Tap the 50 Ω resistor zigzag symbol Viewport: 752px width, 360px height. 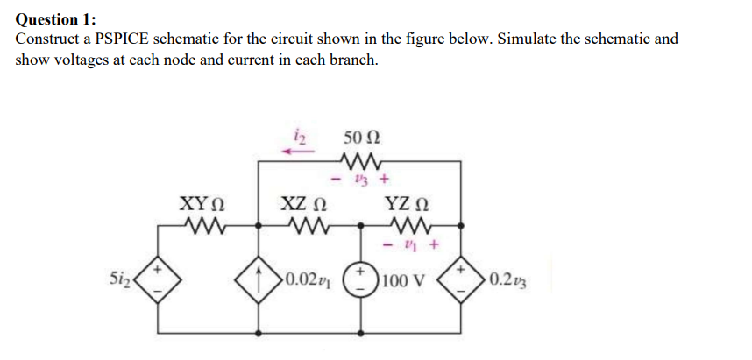click(x=361, y=160)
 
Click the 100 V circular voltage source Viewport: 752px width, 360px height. click(x=361, y=282)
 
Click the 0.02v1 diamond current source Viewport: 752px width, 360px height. click(x=259, y=282)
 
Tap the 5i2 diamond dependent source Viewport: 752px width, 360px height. click(x=158, y=282)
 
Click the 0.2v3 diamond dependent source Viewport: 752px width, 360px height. click(x=463, y=282)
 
